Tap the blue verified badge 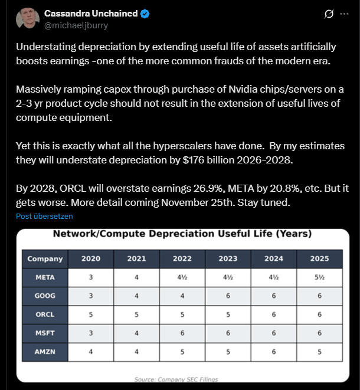145,14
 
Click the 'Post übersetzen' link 44,216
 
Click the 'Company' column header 45,258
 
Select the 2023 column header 228,258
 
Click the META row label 45,277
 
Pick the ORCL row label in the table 45,314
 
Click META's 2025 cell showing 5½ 319,277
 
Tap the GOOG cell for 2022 182,296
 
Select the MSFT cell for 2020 91,333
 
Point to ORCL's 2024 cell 274,314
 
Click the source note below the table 182,380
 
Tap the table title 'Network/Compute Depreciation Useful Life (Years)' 182,234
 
